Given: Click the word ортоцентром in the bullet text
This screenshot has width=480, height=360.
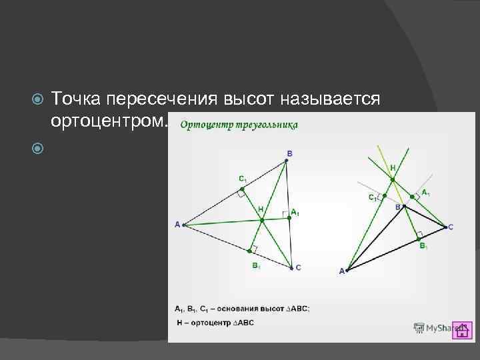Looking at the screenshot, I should pyautogui.click(x=107, y=121).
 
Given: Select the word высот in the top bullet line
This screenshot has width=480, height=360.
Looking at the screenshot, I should pyautogui.click(x=253, y=99).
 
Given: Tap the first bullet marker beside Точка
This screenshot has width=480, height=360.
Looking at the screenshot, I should pyautogui.click(x=38, y=100).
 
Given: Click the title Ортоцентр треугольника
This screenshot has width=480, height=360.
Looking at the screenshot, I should pyautogui.click(x=239, y=125).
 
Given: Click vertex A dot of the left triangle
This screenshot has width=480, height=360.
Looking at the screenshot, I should pyautogui.click(x=183, y=225).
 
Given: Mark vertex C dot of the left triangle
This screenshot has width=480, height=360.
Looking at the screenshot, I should pyautogui.click(x=291, y=268).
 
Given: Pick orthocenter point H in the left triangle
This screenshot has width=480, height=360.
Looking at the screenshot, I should pyautogui.click(x=262, y=219).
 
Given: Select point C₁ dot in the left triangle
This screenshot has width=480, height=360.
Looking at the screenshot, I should pyautogui.click(x=242, y=189).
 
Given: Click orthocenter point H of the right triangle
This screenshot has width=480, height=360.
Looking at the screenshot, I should pyautogui.click(x=393, y=179).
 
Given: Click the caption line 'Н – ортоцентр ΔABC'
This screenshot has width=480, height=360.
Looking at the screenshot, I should pyautogui.click(x=215, y=323).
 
